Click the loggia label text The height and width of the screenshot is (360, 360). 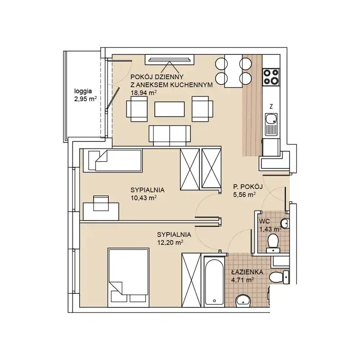[83, 91]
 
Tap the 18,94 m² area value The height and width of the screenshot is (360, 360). [144, 93]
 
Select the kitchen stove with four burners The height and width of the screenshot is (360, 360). [271, 77]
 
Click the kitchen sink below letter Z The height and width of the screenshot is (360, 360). [271, 125]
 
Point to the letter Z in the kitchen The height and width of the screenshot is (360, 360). [271, 106]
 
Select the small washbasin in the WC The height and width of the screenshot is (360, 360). [285, 223]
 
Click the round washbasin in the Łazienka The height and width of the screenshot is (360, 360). [243, 301]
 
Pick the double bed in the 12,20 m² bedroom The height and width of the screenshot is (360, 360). [128, 277]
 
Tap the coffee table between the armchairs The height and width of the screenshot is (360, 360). [170, 109]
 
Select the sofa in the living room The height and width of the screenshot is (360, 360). [170, 136]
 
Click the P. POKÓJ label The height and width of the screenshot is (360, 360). [248, 187]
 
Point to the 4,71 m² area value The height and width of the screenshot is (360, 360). [243, 280]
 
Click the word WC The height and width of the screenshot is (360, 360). [265, 221]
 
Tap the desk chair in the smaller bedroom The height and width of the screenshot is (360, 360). [101, 203]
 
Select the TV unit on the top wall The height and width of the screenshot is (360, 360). [170, 60]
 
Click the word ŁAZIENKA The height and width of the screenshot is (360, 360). [247, 272]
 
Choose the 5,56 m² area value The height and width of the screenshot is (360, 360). [244, 195]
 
